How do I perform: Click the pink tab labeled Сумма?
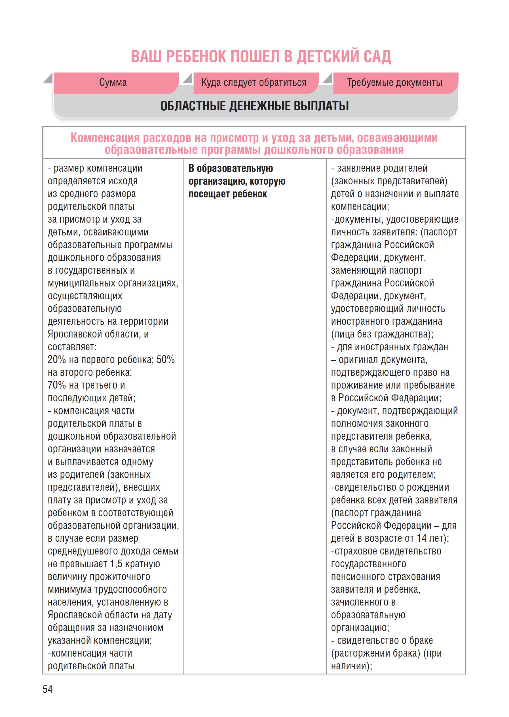[x=113, y=83]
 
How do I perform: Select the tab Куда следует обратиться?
[x=254, y=83]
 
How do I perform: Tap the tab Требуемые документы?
[x=395, y=83]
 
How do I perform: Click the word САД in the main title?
[x=377, y=57]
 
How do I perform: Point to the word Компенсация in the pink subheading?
[x=105, y=138]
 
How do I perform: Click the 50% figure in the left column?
[x=166, y=360]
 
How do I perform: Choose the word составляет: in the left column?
[x=72, y=347]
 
